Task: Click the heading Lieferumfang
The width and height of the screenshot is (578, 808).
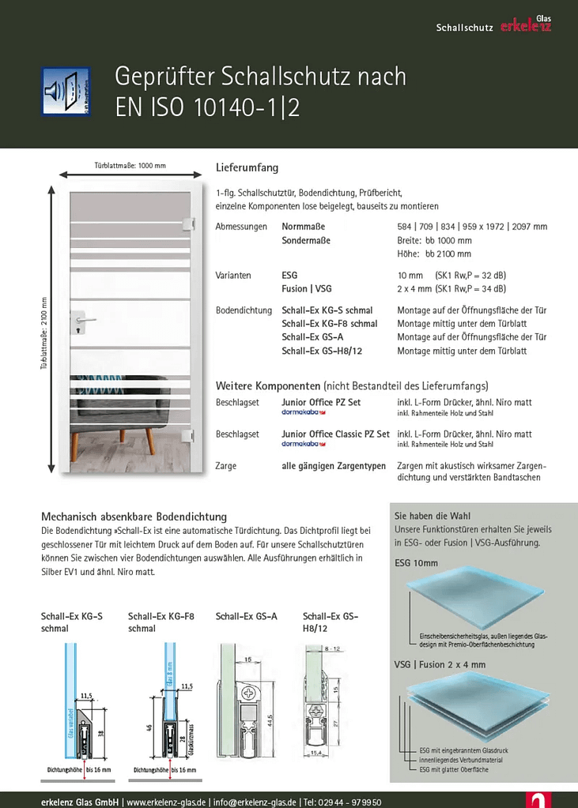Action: coord(247,168)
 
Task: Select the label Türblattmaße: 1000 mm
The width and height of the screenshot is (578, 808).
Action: coord(130,166)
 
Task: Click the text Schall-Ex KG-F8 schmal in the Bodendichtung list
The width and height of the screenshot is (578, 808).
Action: coord(330,324)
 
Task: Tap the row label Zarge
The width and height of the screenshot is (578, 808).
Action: coord(226,466)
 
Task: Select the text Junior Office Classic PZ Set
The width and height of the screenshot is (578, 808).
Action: coord(335,434)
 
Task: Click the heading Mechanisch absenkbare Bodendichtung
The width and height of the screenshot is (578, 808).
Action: coord(134,517)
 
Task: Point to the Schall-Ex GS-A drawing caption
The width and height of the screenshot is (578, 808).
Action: coord(246,617)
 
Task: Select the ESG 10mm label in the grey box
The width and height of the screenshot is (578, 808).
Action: coord(416,564)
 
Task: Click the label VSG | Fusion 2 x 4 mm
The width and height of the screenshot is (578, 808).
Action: coord(440,664)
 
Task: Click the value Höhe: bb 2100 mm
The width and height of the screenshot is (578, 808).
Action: coord(433,254)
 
